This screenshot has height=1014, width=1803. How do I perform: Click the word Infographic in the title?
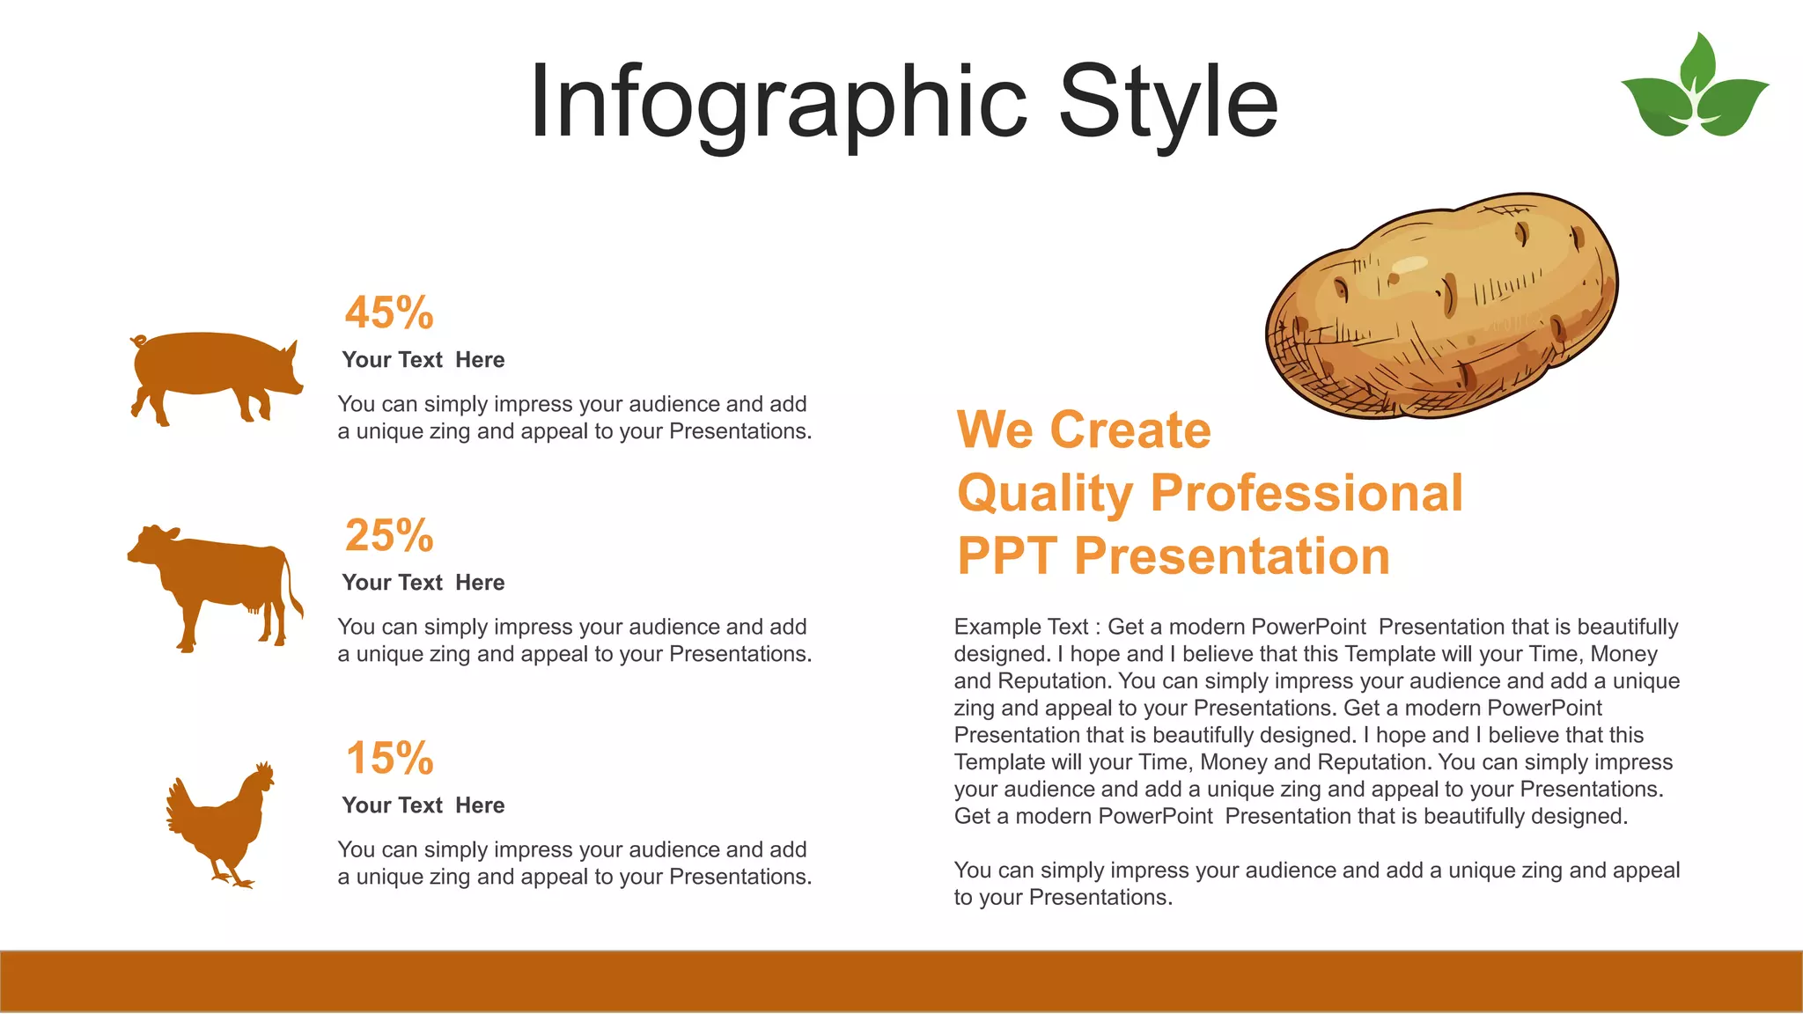pyautogui.click(x=777, y=103)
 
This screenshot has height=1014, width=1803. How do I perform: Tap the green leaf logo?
pyautogui.click(x=1695, y=88)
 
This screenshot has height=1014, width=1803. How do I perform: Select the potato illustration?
pyautogui.click(x=1441, y=305)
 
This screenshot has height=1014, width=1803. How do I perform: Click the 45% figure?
pyautogui.click(x=389, y=312)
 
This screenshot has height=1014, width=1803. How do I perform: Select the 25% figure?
pyautogui.click(x=389, y=535)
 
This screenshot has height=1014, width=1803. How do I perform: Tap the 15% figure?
pyautogui.click(x=389, y=758)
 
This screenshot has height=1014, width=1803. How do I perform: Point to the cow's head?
pyautogui.click(x=152, y=544)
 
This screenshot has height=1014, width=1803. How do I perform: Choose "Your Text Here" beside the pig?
pyautogui.click(x=423, y=360)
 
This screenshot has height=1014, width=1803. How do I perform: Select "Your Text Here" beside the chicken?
pyautogui.click(x=423, y=805)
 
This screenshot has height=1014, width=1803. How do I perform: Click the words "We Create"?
pyautogui.click(x=1084, y=430)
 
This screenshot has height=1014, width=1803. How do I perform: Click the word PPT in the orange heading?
pyautogui.click(x=1007, y=556)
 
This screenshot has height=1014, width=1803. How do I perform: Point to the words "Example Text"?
pyautogui.click(x=1021, y=627)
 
